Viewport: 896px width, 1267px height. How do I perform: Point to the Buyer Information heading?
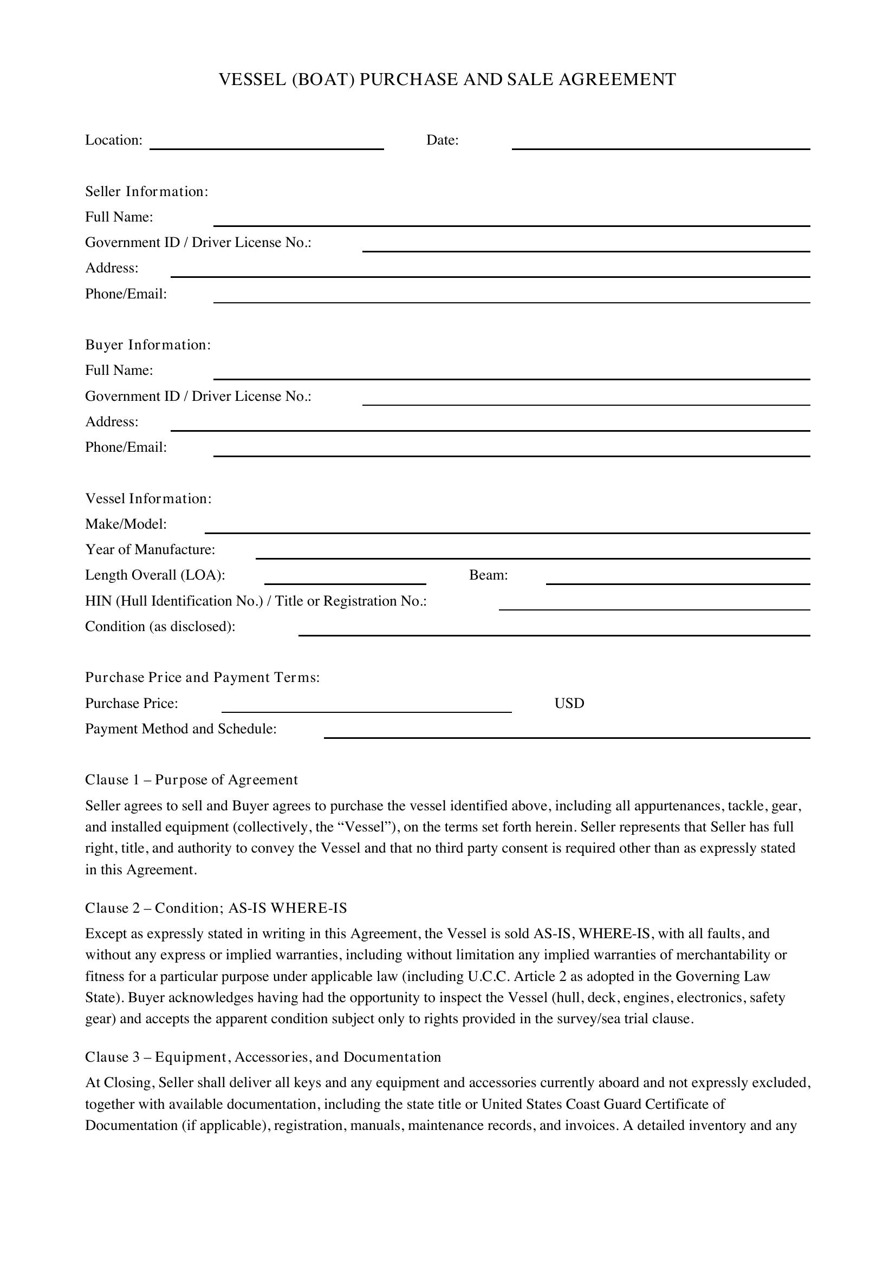click(x=148, y=345)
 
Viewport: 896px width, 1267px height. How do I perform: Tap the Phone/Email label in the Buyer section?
click(x=126, y=447)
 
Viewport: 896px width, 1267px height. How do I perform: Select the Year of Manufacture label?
click(x=150, y=550)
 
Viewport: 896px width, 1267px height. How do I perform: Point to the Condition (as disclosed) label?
click(x=160, y=627)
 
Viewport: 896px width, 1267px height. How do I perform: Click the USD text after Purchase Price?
click(x=569, y=704)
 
